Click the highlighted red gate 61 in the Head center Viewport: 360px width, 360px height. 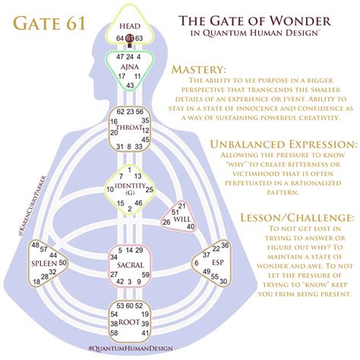(x=130, y=36)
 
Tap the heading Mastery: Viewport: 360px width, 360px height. (x=200, y=70)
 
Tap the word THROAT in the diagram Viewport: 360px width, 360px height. (x=130, y=128)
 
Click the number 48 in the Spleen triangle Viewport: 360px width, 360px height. (x=35, y=245)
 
